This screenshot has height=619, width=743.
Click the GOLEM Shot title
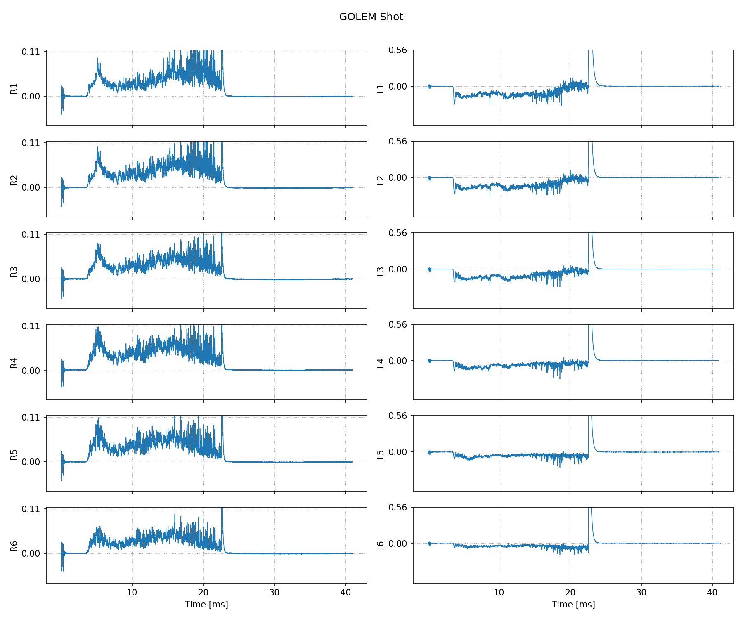point(371,17)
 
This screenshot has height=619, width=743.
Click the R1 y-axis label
point(14,88)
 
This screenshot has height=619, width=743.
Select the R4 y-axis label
point(14,363)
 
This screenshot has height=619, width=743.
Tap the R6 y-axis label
point(14,546)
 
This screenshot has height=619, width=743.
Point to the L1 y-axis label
point(381,88)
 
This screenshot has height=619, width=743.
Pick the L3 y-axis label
point(381,272)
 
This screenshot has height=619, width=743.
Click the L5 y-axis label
point(381,454)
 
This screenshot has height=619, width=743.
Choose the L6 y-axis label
point(381,546)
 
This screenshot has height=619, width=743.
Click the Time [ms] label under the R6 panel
point(206,605)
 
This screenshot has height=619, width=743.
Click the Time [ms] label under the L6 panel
point(573,605)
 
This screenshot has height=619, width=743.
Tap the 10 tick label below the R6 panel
point(132,593)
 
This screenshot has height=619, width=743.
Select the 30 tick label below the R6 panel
point(274,593)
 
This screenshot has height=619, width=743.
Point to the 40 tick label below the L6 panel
point(712,593)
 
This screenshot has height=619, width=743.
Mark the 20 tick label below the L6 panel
point(570,593)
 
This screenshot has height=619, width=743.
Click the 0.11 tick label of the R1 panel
point(31,52)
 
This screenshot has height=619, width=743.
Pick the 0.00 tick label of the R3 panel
point(31,279)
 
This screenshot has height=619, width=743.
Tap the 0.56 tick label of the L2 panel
point(398,142)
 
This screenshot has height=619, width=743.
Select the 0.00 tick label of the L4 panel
point(398,361)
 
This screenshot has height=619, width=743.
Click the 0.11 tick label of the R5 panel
point(31,418)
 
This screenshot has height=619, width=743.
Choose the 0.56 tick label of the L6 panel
point(398,508)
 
